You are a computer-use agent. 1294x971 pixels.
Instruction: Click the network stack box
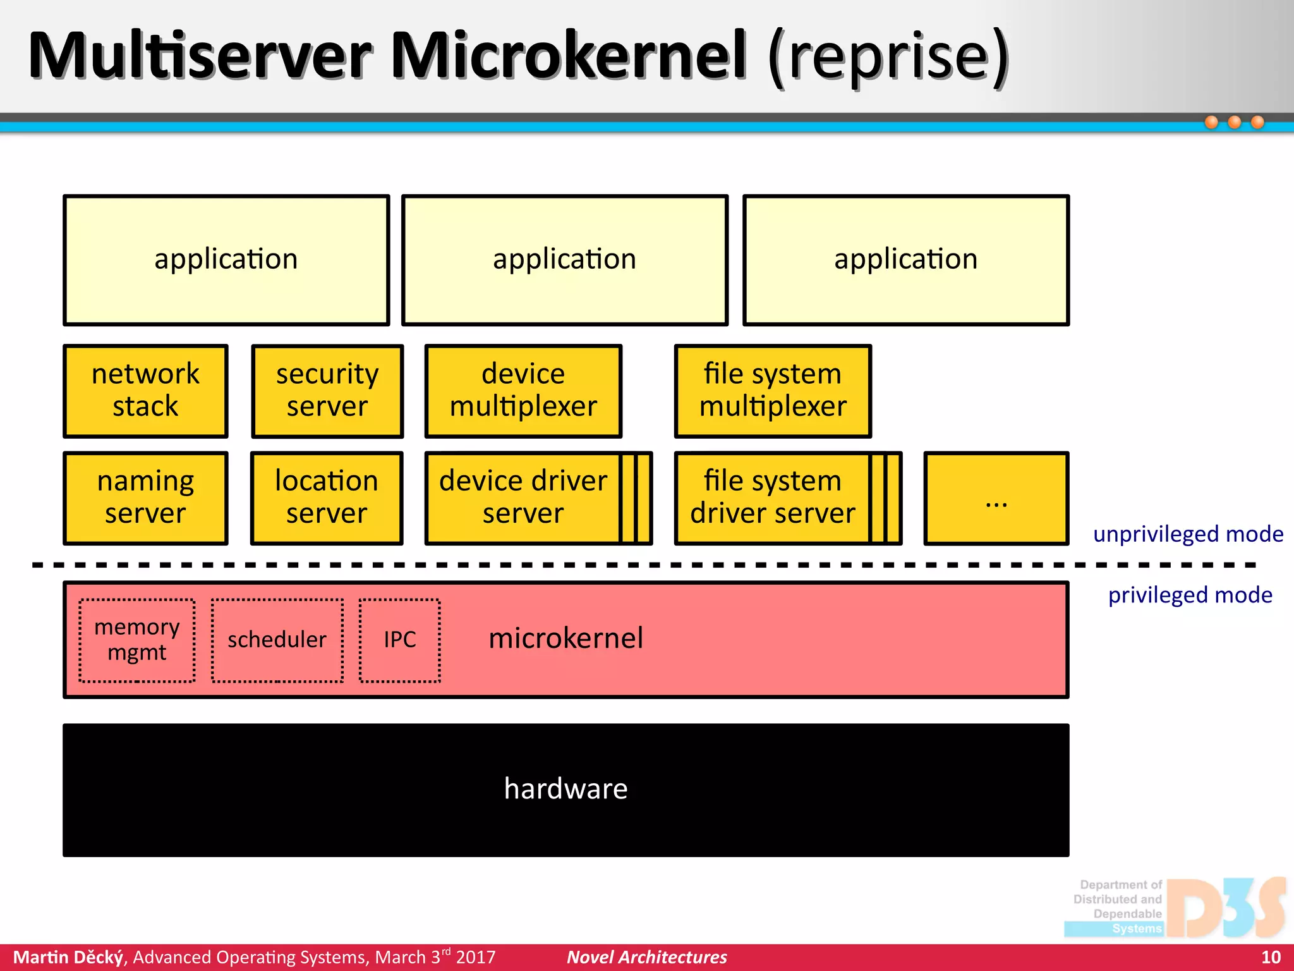(145, 391)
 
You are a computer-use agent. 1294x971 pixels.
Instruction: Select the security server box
(327, 391)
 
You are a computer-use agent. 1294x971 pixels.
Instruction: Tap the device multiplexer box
(523, 391)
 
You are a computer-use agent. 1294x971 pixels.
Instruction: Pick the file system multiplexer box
(773, 391)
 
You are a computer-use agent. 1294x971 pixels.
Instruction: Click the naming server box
(145, 498)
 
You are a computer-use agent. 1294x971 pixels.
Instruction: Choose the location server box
(327, 498)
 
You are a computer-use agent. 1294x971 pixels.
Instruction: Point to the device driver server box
(523, 498)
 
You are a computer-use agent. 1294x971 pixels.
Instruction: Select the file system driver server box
(773, 498)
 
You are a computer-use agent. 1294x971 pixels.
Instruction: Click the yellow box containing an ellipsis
(996, 498)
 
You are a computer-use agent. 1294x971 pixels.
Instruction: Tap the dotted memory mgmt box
(137, 640)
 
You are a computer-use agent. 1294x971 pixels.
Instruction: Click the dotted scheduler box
(277, 640)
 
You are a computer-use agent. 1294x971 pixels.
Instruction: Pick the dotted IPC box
(400, 640)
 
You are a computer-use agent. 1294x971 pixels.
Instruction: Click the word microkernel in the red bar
(566, 638)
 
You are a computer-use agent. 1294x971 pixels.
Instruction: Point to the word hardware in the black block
(566, 789)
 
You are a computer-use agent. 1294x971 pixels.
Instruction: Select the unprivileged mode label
(1188, 534)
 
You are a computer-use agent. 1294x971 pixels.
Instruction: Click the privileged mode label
(1190, 595)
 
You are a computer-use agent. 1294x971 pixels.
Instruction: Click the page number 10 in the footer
(1271, 957)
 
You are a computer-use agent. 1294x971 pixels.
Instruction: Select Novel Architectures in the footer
(647, 957)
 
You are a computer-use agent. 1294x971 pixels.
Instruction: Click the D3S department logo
(1175, 908)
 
